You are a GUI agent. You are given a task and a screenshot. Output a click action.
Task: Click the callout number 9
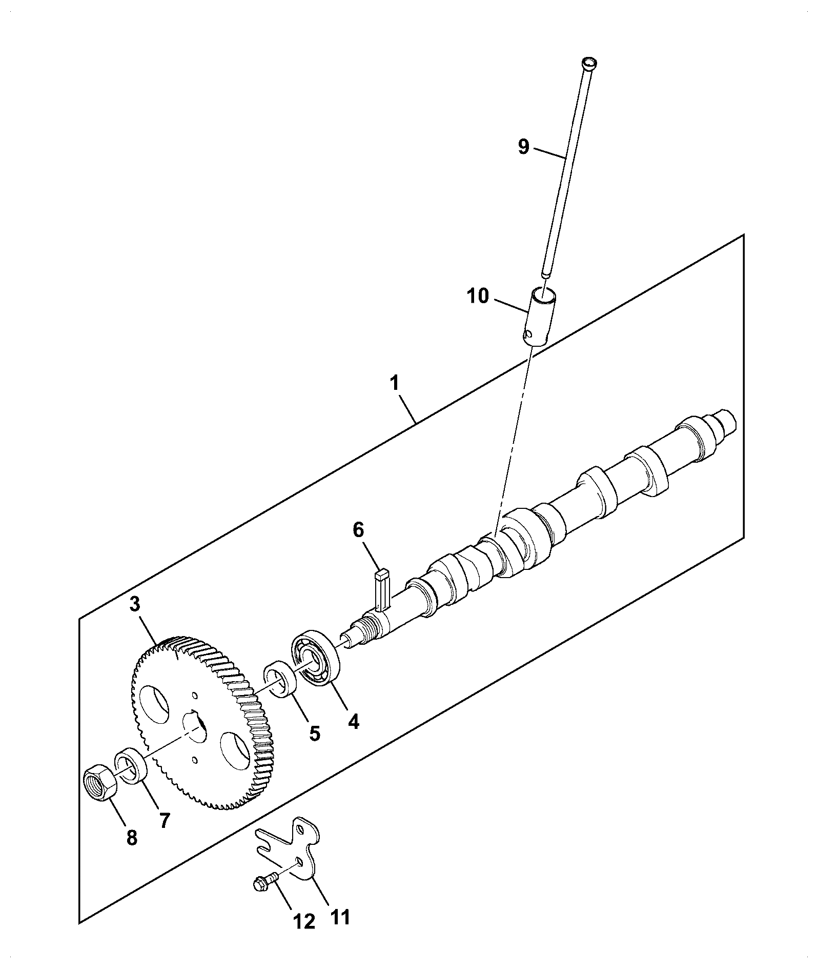[x=523, y=147]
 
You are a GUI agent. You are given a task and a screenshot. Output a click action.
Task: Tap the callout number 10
[x=478, y=296]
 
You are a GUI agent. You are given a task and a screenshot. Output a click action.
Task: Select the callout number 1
[x=395, y=384]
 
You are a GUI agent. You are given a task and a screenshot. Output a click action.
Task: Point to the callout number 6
[x=358, y=531]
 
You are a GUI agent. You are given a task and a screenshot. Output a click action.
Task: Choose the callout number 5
[x=314, y=734]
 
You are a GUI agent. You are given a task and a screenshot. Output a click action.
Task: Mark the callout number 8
[x=132, y=838]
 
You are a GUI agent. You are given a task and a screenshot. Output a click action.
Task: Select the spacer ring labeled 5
[x=281, y=680]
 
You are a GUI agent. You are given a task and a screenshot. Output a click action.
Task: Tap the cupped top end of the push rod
[x=590, y=64]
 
